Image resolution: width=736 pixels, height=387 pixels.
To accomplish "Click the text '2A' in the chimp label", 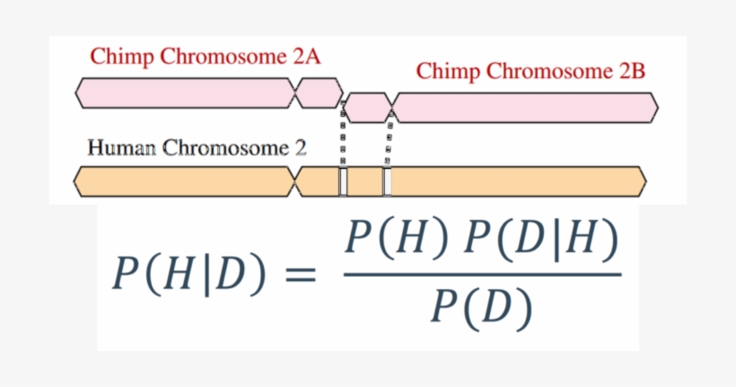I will pos(306,57).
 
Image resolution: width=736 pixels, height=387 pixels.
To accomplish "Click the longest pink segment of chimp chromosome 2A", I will pos(185,92).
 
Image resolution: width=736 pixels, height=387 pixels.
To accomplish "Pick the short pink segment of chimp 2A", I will pos(319,92).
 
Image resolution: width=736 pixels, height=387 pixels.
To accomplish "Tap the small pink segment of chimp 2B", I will pos(367,108).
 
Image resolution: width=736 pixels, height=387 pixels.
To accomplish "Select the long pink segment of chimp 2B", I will pos(525,108).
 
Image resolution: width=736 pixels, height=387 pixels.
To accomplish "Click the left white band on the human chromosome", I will pos(343,180).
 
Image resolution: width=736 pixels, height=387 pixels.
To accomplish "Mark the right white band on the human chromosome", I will pos(387,180).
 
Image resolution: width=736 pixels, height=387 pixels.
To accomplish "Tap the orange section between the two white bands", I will pos(365,180).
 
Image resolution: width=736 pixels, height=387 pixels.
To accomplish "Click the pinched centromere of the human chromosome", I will pos(296,180).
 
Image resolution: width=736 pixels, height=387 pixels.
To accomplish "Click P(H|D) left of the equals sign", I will pos(189,275).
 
